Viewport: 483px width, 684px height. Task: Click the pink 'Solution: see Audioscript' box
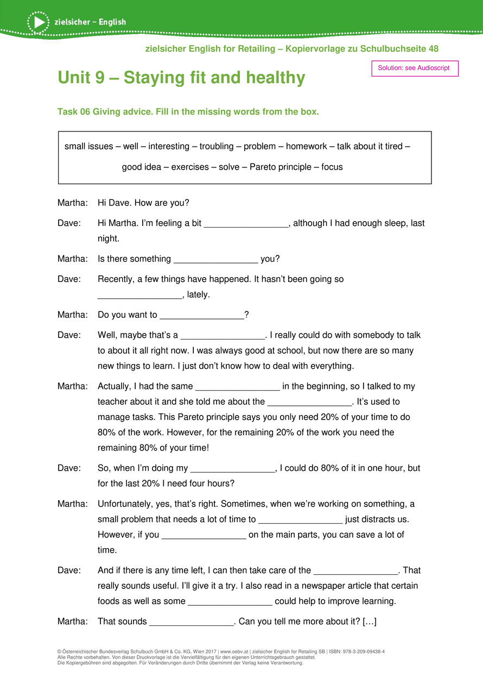(415, 68)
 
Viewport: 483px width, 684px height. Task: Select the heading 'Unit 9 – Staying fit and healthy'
(181, 78)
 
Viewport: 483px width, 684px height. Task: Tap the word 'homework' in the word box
(307, 147)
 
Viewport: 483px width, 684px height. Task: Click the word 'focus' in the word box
(332, 167)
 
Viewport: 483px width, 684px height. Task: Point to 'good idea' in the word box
(141, 167)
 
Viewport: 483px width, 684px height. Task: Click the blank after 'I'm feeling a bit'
(246, 224)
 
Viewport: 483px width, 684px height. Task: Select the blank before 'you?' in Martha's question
(215, 259)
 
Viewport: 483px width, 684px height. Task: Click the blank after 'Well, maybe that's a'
(222, 335)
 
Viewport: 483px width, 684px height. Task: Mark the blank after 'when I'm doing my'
(233, 468)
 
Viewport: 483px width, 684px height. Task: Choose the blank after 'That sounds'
(191, 622)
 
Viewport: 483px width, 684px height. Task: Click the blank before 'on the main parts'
(204, 535)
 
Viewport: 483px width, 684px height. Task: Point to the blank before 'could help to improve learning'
(230, 601)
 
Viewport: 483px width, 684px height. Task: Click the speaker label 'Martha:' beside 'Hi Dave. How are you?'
(72, 203)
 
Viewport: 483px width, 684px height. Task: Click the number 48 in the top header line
(433, 49)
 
